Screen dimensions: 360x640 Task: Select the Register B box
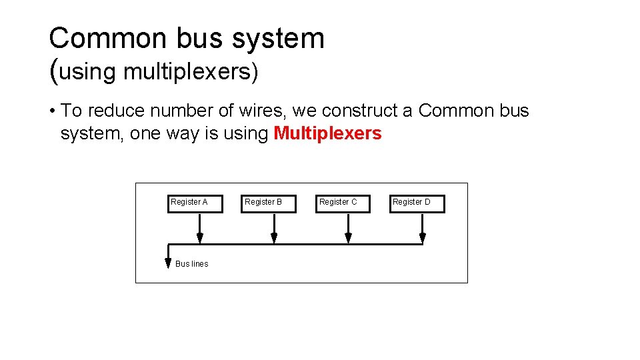[x=268, y=203]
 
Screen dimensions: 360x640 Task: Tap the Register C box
[x=342, y=203]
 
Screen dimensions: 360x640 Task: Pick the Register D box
[x=417, y=203]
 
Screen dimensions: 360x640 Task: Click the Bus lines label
[x=191, y=264]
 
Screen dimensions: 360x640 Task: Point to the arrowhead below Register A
[x=199, y=238]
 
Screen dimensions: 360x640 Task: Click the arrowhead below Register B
[x=274, y=238]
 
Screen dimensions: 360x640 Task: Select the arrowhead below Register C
[x=348, y=238]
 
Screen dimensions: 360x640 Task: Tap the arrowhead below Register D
[x=422, y=238]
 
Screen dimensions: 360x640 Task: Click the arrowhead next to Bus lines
[x=168, y=263]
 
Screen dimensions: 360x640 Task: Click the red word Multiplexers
[x=327, y=133]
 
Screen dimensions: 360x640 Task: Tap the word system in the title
[x=278, y=39]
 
